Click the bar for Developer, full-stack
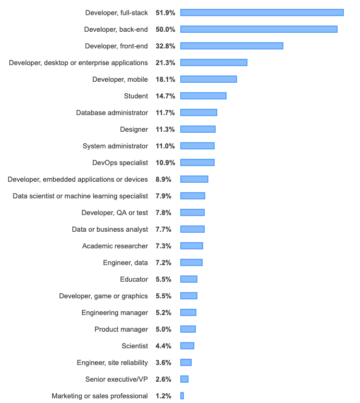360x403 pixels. (x=262, y=12)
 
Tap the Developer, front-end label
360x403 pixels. (x=116, y=46)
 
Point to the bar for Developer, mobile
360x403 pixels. (x=208, y=79)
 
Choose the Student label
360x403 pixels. (x=136, y=96)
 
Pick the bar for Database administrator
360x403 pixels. (x=198, y=112)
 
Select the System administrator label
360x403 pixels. (x=115, y=146)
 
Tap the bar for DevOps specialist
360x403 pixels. (x=197, y=162)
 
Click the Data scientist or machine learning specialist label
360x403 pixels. (x=80, y=196)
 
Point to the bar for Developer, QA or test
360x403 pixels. (x=192, y=212)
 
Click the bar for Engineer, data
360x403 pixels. (x=191, y=262)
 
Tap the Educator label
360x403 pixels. (x=134, y=279)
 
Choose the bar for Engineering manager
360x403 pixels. (x=188, y=312)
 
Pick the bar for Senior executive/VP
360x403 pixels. (x=184, y=379)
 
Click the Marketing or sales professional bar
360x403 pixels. (x=182, y=396)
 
